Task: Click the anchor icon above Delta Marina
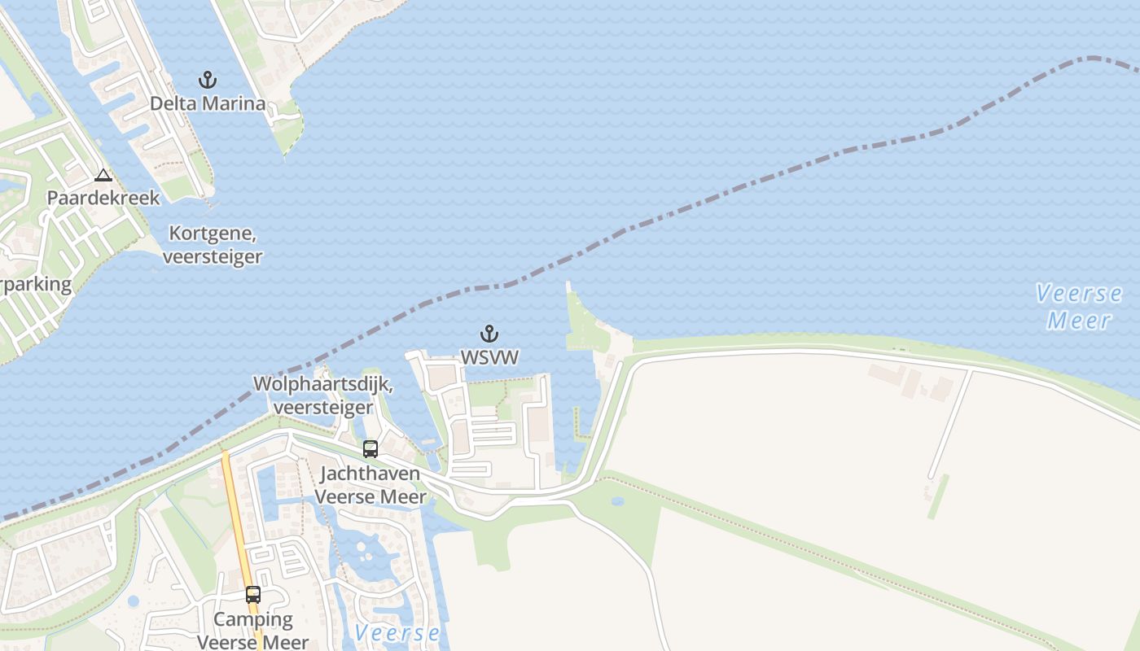208,80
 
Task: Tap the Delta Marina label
208,103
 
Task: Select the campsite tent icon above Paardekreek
103,175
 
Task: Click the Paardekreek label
103,198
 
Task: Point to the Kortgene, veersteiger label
213,245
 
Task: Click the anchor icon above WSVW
489,334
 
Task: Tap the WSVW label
489,357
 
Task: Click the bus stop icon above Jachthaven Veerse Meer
370,449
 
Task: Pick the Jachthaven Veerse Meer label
370,485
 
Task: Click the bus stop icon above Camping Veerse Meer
253,595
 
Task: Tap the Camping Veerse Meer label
253,631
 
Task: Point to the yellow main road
236,521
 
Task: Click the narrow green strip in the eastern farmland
938,496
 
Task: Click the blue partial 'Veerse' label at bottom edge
397,633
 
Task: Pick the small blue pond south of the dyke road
616,501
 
